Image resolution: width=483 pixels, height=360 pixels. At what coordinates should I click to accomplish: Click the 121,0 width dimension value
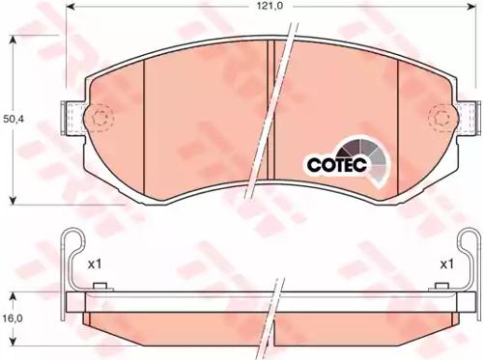[270, 6]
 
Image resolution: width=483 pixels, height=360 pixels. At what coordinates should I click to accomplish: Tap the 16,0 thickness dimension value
[13, 318]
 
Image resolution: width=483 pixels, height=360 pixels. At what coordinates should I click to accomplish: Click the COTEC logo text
[337, 164]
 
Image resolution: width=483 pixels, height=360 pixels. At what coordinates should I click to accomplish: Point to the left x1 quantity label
[95, 264]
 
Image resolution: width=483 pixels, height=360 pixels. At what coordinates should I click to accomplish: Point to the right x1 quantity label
[447, 264]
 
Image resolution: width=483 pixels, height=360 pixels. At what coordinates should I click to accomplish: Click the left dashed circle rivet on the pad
[99, 118]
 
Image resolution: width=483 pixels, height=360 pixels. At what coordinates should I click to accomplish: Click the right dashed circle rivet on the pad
[442, 118]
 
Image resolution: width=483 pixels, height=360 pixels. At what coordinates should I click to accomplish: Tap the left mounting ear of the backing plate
[73, 118]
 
